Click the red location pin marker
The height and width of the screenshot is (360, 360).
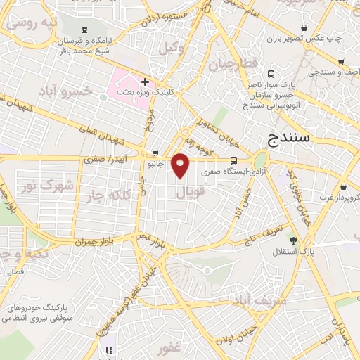[181, 166]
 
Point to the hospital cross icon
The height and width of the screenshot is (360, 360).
[145, 82]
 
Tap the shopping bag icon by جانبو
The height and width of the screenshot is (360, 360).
[155, 153]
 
